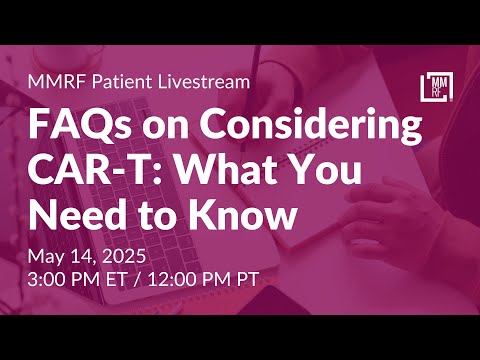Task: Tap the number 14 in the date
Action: pos(83,255)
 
